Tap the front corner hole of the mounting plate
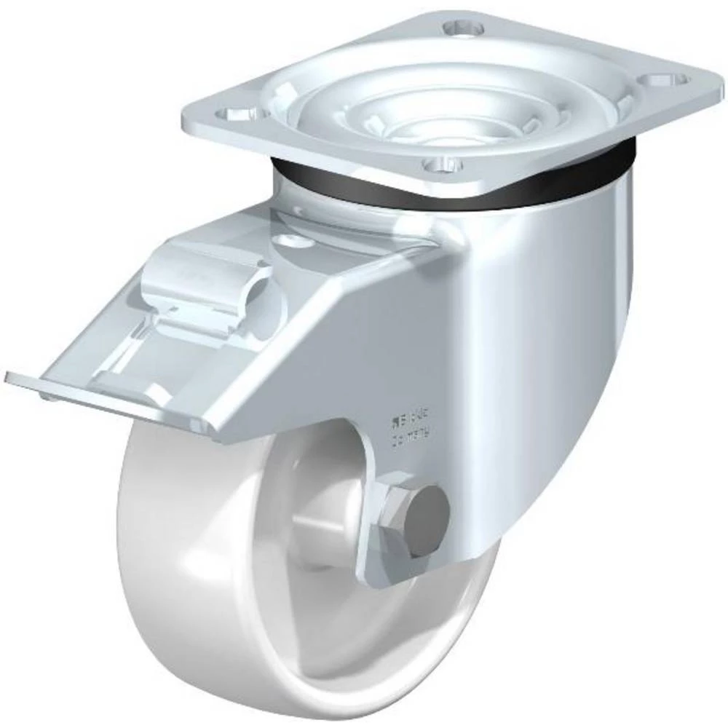[441, 167]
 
